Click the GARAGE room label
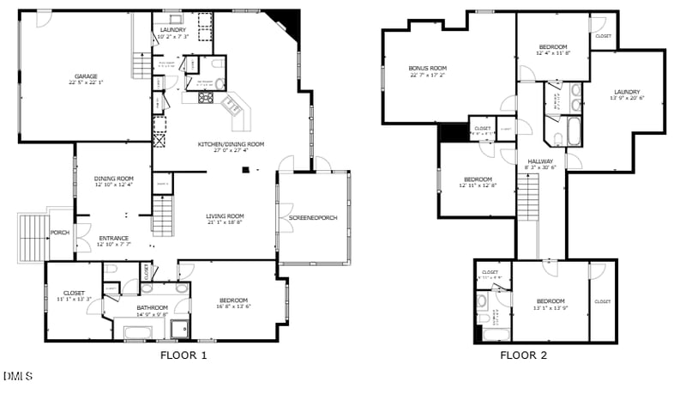point(84,77)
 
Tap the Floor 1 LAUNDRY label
point(173,30)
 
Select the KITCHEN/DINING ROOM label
point(231,144)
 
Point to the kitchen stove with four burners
point(207,98)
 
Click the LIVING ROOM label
point(225,216)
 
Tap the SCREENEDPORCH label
point(313,218)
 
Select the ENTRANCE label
point(114,238)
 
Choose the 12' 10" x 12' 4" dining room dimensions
point(114,185)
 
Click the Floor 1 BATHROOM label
point(152,307)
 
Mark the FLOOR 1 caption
point(184,355)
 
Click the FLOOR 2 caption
point(523,355)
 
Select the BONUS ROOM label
point(427,68)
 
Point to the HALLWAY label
point(540,161)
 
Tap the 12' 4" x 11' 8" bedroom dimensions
point(553,53)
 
